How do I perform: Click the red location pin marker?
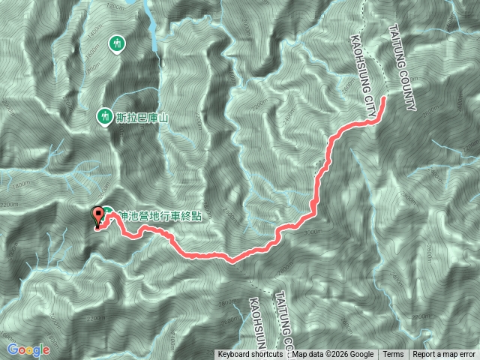click(x=98, y=216)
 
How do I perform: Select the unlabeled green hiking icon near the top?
click(x=117, y=44)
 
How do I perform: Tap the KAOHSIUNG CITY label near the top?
click(x=362, y=75)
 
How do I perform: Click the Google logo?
click(x=28, y=349)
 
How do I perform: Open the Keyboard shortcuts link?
click(x=252, y=355)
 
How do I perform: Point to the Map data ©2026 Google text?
click(x=333, y=355)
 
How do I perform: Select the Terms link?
click(x=393, y=355)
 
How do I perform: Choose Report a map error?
click(x=444, y=355)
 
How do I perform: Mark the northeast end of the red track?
click(x=385, y=98)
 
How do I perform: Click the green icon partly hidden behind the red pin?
click(x=109, y=213)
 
